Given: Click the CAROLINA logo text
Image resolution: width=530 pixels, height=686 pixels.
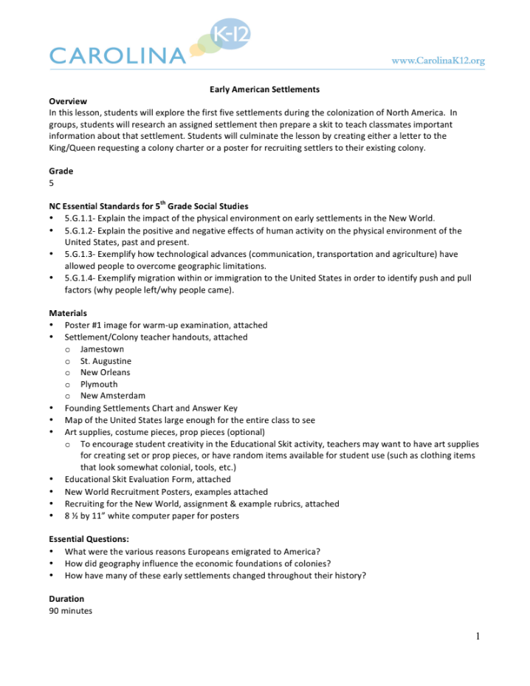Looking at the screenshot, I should pyautogui.click(x=117, y=55).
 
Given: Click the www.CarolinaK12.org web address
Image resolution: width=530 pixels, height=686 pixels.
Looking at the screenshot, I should pyautogui.click(x=438, y=61).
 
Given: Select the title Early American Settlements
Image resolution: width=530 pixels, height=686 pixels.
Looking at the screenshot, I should pyautogui.click(x=264, y=89).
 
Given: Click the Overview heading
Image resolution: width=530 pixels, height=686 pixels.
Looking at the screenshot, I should pyautogui.click(x=68, y=101).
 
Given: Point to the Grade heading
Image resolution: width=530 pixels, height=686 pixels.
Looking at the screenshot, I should pyautogui.click(x=61, y=171).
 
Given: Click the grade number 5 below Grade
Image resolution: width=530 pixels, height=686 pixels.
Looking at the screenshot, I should pyautogui.click(x=51, y=183).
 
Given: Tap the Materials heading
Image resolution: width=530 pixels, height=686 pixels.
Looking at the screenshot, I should pyautogui.click(x=68, y=314).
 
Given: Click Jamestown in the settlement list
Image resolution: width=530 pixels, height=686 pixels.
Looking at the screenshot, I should pyautogui.click(x=102, y=349).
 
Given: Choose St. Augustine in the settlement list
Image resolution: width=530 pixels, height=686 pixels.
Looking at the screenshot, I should pyautogui.click(x=106, y=361).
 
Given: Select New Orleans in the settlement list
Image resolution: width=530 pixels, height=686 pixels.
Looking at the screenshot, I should pyautogui.click(x=105, y=372).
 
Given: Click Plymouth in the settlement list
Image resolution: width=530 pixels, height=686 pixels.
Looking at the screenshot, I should pyautogui.click(x=99, y=384).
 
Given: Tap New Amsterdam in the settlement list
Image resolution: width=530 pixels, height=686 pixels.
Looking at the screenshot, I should pyautogui.click(x=112, y=396).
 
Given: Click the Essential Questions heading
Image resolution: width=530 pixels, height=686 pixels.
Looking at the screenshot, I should pyautogui.click(x=89, y=539).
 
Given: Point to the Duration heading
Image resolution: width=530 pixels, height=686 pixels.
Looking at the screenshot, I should pyautogui.click(x=66, y=599).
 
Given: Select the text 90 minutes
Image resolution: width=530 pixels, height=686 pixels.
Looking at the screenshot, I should pyautogui.click(x=70, y=611).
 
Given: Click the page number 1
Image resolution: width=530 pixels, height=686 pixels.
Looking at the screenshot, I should pyautogui.click(x=478, y=637).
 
